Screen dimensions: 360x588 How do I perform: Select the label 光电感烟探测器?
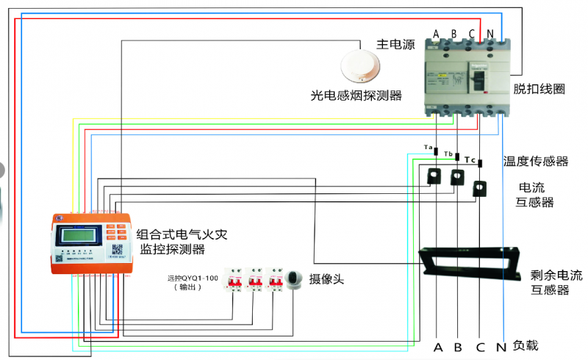356,96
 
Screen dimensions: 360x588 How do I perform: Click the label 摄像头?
326,279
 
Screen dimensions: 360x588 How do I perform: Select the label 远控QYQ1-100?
193,279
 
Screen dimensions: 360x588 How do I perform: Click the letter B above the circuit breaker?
454,34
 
